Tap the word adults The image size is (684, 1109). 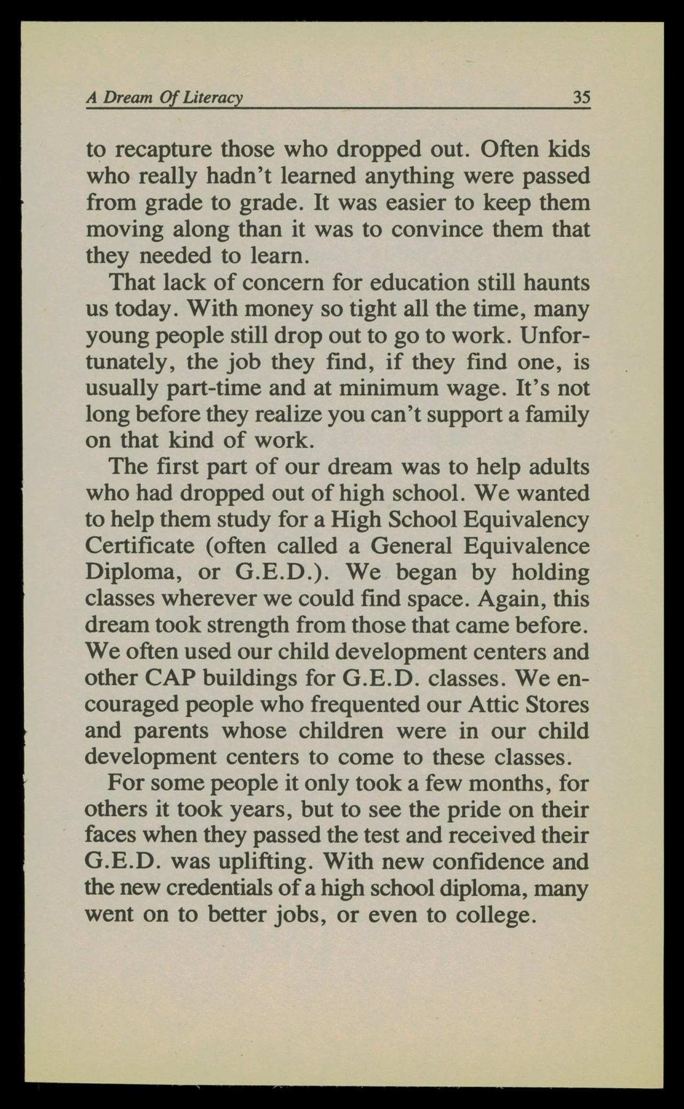559,467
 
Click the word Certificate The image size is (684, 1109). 141,546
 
